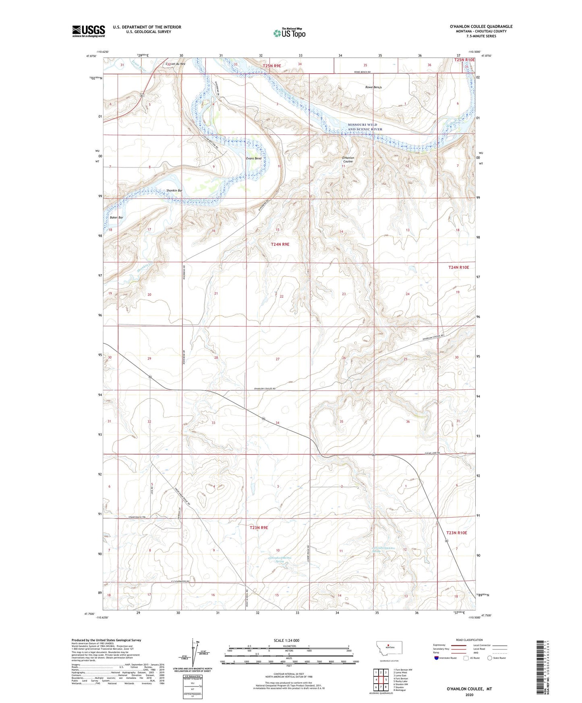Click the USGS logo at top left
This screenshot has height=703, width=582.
(89, 31)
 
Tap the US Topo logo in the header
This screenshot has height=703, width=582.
(289, 33)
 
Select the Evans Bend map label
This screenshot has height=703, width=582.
(254, 159)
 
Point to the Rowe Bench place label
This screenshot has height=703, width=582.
(373, 87)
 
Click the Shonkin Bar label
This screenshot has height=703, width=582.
(174, 190)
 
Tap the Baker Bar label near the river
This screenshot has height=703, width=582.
(116, 217)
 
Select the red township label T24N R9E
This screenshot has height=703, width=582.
(280, 244)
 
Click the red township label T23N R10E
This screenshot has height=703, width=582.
(456, 533)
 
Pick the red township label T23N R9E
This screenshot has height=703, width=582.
(259, 527)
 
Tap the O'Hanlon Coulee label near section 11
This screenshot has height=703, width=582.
(348, 159)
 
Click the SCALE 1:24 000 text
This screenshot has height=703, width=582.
(286, 640)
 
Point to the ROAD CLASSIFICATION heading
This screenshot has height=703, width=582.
(469, 640)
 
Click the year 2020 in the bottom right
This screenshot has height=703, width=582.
(469, 695)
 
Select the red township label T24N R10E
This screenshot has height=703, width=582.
(459, 267)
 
